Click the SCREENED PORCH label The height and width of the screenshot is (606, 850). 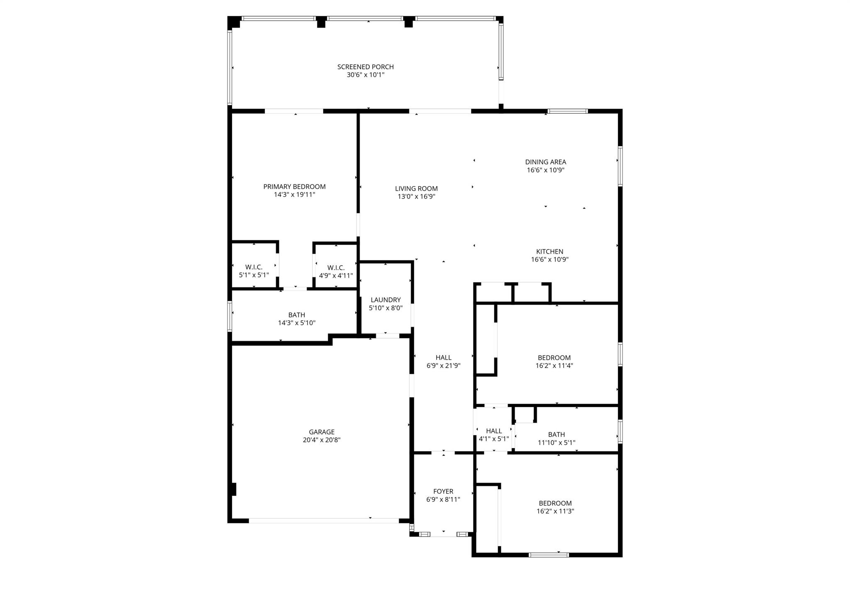point(365,67)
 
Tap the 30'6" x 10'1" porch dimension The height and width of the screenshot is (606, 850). point(365,75)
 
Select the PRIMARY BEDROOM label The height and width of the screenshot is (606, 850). point(294,187)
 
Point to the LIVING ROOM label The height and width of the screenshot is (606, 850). point(416,189)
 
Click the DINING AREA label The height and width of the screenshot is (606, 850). point(545,162)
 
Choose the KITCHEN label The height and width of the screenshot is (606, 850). point(550,252)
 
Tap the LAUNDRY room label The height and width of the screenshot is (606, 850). point(386,300)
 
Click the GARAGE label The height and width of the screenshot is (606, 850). point(321,432)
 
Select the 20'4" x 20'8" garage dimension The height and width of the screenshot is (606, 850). point(321,440)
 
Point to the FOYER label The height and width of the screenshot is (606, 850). point(443,491)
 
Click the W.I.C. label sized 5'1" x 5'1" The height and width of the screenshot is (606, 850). point(254,267)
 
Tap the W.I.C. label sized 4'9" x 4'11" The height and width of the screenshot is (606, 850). point(336,267)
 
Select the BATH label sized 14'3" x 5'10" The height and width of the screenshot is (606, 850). point(296,315)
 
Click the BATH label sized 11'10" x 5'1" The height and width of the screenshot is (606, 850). point(556,434)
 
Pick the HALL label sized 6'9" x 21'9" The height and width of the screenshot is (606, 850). point(443,358)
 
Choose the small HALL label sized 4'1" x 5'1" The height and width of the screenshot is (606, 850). point(493,431)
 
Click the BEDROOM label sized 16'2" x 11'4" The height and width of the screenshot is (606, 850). point(554,358)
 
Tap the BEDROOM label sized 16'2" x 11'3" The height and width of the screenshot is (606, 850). point(555,503)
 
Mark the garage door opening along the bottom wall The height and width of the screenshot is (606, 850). point(324,520)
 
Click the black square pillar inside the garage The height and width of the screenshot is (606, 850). point(234,489)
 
